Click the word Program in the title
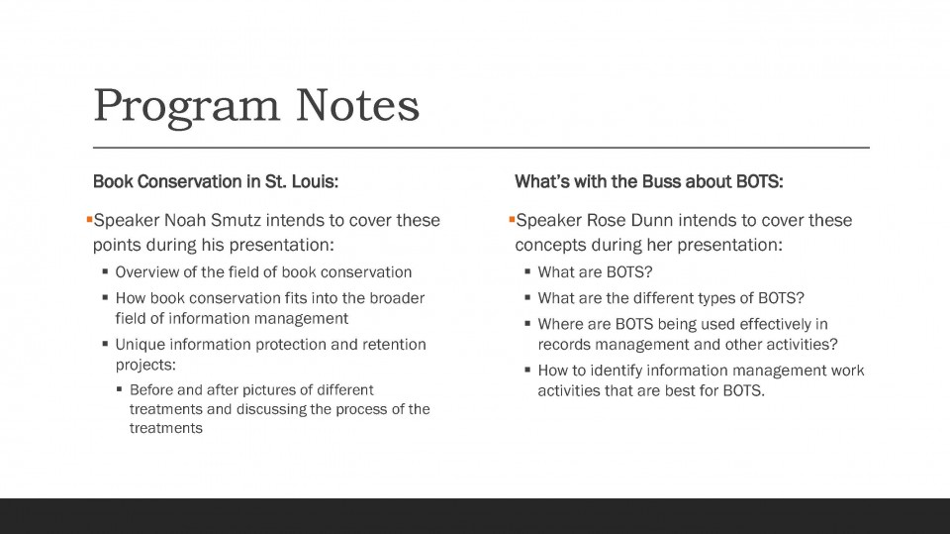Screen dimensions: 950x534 point(187,107)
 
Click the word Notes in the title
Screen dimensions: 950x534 point(357,105)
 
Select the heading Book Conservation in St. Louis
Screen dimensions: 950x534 point(216,181)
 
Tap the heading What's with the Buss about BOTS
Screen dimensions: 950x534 point(649,181)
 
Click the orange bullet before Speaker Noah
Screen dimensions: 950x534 point(89,219)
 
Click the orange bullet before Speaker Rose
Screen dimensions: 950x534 point(512,219)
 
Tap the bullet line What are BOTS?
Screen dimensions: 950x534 point(595,271)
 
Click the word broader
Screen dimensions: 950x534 point(397,298)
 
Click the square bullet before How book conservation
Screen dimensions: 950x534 point(106,297)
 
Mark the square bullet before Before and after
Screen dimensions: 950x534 point(120,389)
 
